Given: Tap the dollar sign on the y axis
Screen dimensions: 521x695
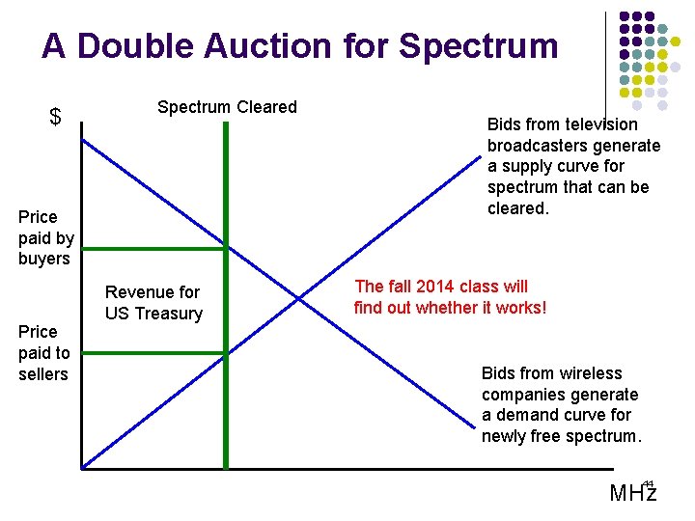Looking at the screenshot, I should point(55,118).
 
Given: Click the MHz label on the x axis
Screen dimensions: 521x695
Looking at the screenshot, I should point(632,493).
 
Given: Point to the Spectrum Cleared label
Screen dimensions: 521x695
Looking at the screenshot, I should point(227,107).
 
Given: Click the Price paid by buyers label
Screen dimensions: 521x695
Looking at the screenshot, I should point(45,237).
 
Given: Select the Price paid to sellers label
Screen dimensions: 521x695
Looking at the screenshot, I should point(43,352).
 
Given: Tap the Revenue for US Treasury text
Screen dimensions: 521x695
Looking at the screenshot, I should point(153,302).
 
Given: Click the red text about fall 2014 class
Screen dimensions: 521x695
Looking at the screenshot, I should point(450,296).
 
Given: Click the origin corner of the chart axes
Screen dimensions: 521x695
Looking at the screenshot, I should point(81,468).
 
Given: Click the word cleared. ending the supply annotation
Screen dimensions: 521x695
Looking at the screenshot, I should point(517,208).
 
